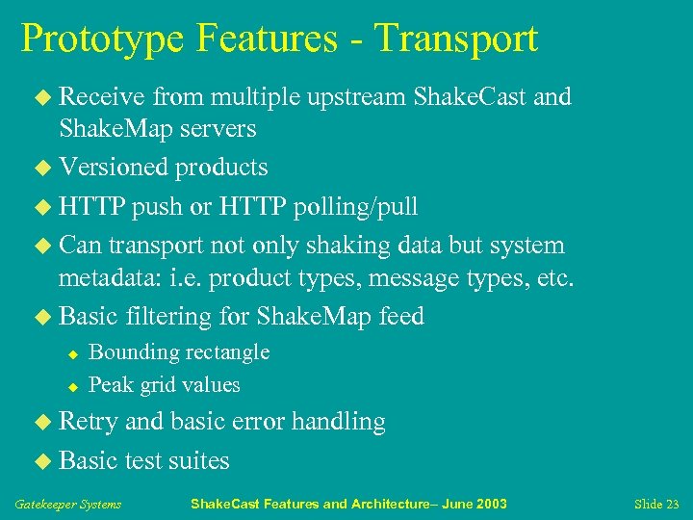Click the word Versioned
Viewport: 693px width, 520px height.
114,167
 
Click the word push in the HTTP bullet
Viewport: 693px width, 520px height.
161,206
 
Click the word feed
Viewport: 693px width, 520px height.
401,317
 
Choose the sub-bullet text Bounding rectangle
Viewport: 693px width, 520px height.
178,352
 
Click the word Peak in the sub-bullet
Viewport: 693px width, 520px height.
109,385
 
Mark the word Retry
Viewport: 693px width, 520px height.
89,422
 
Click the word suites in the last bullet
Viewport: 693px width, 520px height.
198,461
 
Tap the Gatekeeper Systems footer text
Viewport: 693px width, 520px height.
68,505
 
